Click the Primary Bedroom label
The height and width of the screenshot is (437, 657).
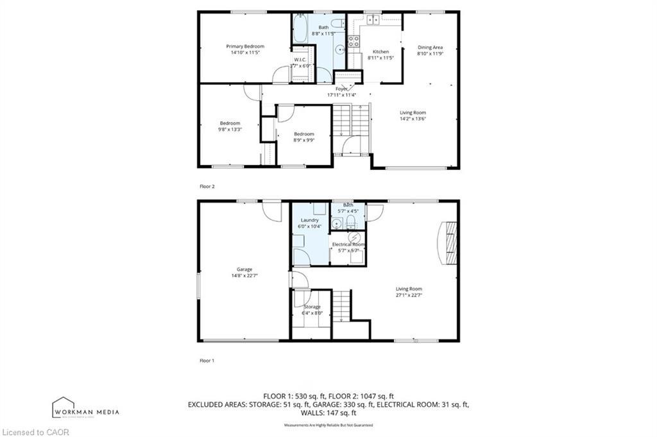pyautogui.click(x=244, y=46)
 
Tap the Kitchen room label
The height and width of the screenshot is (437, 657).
pyautogui.click(x=380, y=51)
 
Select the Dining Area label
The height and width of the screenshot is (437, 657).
pyautogui.click(x=430, y=47)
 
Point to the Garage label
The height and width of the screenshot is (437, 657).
pyautogui.click(x=244, y=269)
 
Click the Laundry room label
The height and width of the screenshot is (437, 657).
pyautogui.click(x=309, y=220)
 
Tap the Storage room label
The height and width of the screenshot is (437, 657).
pyautogui.click(x=312, y=307)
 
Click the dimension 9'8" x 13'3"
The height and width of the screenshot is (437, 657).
pyautogui.click(x=230, y=129)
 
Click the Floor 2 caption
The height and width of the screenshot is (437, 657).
pyautogui.click(x=207, y=186)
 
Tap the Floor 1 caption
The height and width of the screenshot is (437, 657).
pyautogui.click(x=207, y=361)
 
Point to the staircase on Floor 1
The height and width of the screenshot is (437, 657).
pyautogui.click(x=342, y=305)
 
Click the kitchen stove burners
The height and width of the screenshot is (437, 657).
pyautogui.click(x=353, y=42)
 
